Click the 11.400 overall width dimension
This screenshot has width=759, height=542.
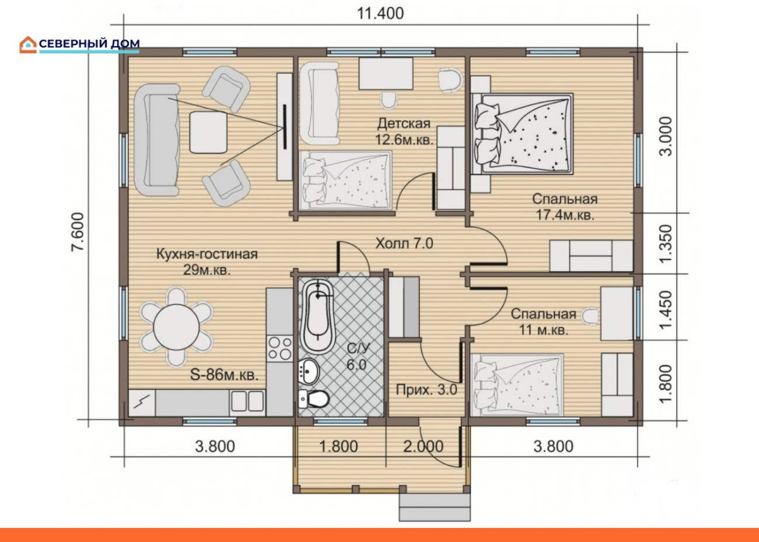tap(381, 13)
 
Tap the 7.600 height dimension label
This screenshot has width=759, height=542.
tap(77, 232)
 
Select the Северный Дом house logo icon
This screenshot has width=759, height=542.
tap(28, 45)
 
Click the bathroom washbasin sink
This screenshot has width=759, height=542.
tap(308, 371)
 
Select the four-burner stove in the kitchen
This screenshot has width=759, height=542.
tap(280, 348)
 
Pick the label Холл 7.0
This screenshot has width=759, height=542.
tap(404, 243)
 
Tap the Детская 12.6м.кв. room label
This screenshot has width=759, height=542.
tap(404, 131)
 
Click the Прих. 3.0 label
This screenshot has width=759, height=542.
tap(427, 390)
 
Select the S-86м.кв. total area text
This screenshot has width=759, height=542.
tap(224, 375)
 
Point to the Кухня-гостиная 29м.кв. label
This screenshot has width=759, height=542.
tap(207, 262)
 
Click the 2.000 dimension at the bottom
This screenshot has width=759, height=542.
tap(423, 446)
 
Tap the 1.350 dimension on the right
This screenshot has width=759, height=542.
tap(666, 243)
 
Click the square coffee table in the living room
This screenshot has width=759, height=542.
tap(208, 132)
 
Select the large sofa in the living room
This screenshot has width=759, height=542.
tap(157, 140)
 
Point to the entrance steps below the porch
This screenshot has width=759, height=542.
tap(435, 506)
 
